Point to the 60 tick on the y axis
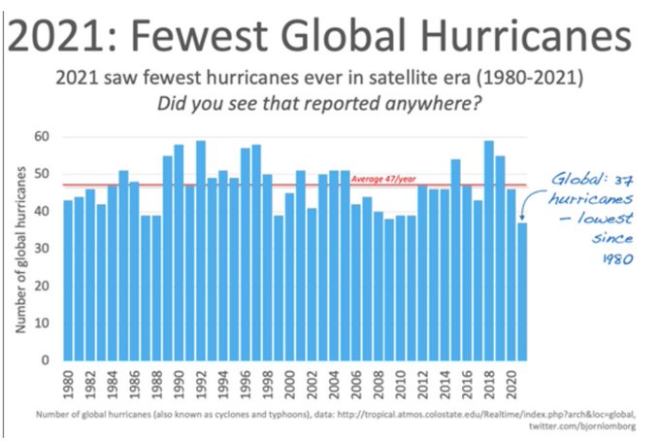(43, 136)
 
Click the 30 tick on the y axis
(43, 249)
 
